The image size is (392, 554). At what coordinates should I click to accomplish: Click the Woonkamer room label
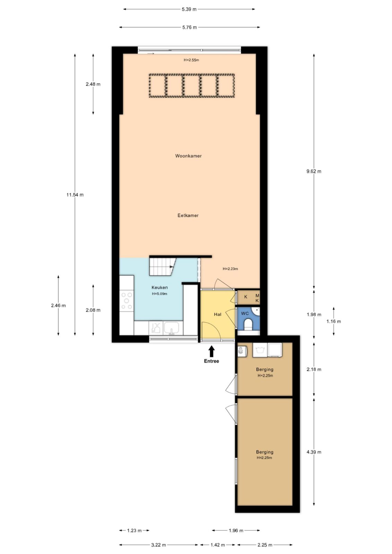tap(188, 156)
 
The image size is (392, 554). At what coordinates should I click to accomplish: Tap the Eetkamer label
tap(188, 215)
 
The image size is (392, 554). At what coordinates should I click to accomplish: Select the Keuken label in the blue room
tap(159, 287)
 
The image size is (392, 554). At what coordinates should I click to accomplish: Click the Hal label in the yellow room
tap(217, 314)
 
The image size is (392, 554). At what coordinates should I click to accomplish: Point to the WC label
tap(245, 314)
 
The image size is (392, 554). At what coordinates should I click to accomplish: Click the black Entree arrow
tap(211, 351)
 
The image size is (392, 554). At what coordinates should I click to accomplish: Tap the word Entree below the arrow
tap(211, 361)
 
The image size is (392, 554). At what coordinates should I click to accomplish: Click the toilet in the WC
tap(248, 324)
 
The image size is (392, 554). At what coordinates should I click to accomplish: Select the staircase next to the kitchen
tap(162, 267)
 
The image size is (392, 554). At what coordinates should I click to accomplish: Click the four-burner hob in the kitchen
tap(127, 301)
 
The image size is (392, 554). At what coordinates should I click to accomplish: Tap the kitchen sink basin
tap(172, 328)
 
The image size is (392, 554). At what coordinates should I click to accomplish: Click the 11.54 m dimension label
tap(75, 195)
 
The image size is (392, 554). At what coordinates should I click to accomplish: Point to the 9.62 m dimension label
tap(314, 171)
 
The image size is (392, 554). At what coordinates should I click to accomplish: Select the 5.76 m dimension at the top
tap(190, 27)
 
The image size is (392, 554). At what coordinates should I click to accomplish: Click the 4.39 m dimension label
tap(314, 452)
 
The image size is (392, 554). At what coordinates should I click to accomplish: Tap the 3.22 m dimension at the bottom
tap(158, 545)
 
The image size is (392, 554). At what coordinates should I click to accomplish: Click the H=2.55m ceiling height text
tap(191, 60)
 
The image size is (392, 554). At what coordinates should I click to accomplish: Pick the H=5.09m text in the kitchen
tap(159, 294)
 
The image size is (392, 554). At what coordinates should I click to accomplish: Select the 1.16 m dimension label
tap(333, 322)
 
